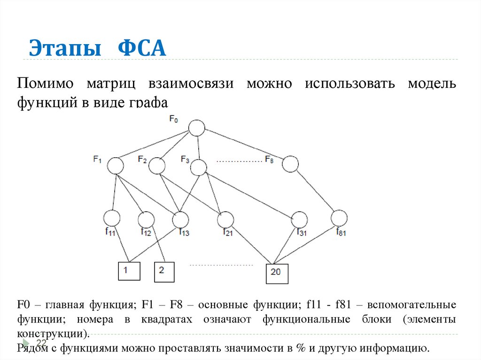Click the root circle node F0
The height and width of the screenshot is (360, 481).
tap(197, 128)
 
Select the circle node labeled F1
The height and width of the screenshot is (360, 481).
tap(115, 166)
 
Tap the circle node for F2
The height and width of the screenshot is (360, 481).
tap(157, 165)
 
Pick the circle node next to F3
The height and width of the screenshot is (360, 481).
tap(199, 167)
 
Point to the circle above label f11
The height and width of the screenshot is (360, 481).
tap(112, 218)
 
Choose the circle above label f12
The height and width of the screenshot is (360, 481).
tap(146, 219)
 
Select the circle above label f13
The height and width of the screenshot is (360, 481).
tap(180, 219)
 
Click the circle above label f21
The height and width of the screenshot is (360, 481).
tap(226, 219)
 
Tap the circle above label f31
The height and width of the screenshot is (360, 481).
tap(299, 219)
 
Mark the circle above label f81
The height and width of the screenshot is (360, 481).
tap(339, 218)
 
